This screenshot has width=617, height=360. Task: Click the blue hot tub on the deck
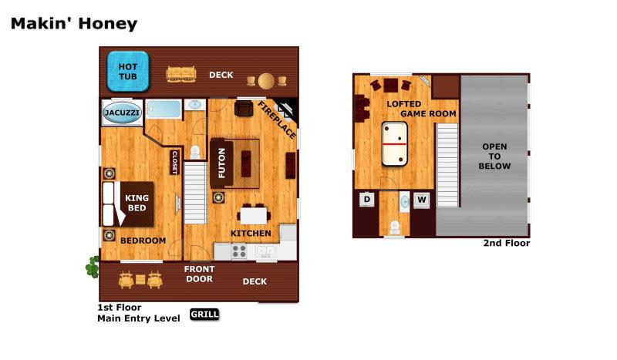pyautogui.click(x=128, y=71)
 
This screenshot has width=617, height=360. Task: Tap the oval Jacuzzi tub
pyautogui.click(x=122, y=113)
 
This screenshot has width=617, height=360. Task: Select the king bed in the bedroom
pyautogui.click(x=128, y=204)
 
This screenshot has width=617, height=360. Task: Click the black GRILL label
pyautogui.click(x=204, y=314)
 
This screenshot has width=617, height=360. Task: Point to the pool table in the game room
pyautogui.click(x=394, y=144)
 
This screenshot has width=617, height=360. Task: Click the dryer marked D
pyautogui.click(x=367, y=200)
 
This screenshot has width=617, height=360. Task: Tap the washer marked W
pyautogui.click(x=421, y=200)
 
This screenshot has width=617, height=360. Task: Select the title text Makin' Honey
pyautogui.click(x=74, y=24)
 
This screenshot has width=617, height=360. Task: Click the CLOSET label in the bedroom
pyautogui.click(x=175, y=162)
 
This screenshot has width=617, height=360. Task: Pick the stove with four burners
pyautogui.click(x=239, y=251)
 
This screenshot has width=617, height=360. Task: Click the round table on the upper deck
pyautogui.click(x=266, y=81)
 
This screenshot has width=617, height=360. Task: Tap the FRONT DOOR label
pyautogui.click(x=199, y=274)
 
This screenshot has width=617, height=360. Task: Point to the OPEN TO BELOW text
pyautogui.click(x=494, y=156)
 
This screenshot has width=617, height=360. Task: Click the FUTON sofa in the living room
pyautogui.click(x=221, y=163)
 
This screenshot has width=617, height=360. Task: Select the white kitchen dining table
pyautogui.click(x=254, y=216)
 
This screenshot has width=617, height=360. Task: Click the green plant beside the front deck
pyautogui.click(x=93, y=267)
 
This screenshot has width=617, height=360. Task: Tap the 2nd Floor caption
pyautogui.click(x=507, y=243)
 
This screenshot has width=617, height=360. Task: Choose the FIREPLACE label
pyautogui.click(x=277, y=120)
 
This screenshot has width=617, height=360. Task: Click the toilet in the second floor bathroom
pyautogui.click(x=394, y=228)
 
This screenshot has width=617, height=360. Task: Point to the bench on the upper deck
pyautogui.click(x=181, y=74)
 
